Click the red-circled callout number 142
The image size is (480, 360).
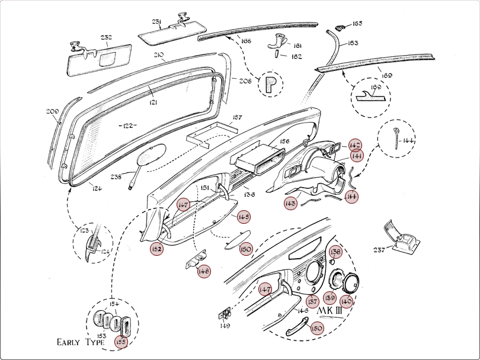pyautogui.click(x=355, y=145)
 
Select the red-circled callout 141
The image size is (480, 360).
pyautogui.click(x=356, y=156)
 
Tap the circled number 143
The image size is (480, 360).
pyautogui.click(x=290, y=203)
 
